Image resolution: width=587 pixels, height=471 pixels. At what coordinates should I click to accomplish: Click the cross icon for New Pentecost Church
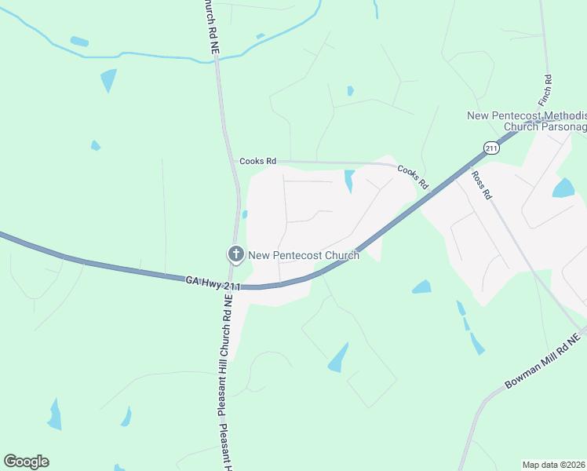235,254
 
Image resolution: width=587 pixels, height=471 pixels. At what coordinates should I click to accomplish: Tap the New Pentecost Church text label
304,255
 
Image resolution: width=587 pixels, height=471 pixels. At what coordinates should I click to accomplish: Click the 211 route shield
491,148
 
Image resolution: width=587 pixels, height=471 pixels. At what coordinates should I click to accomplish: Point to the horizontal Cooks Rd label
258,161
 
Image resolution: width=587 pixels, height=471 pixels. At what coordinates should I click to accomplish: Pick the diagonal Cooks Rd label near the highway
413,177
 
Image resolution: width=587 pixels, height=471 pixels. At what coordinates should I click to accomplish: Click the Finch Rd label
548,91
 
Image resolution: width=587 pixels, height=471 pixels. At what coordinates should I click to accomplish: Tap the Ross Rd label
480,184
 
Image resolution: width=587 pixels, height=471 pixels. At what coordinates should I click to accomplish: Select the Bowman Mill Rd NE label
541,360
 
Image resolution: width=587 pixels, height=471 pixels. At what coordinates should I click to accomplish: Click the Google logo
26,462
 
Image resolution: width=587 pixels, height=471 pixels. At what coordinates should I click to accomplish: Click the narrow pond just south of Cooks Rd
349,181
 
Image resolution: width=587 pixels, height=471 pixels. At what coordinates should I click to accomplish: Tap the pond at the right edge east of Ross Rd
563,188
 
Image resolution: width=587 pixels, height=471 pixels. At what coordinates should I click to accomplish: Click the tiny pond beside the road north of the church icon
245,214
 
